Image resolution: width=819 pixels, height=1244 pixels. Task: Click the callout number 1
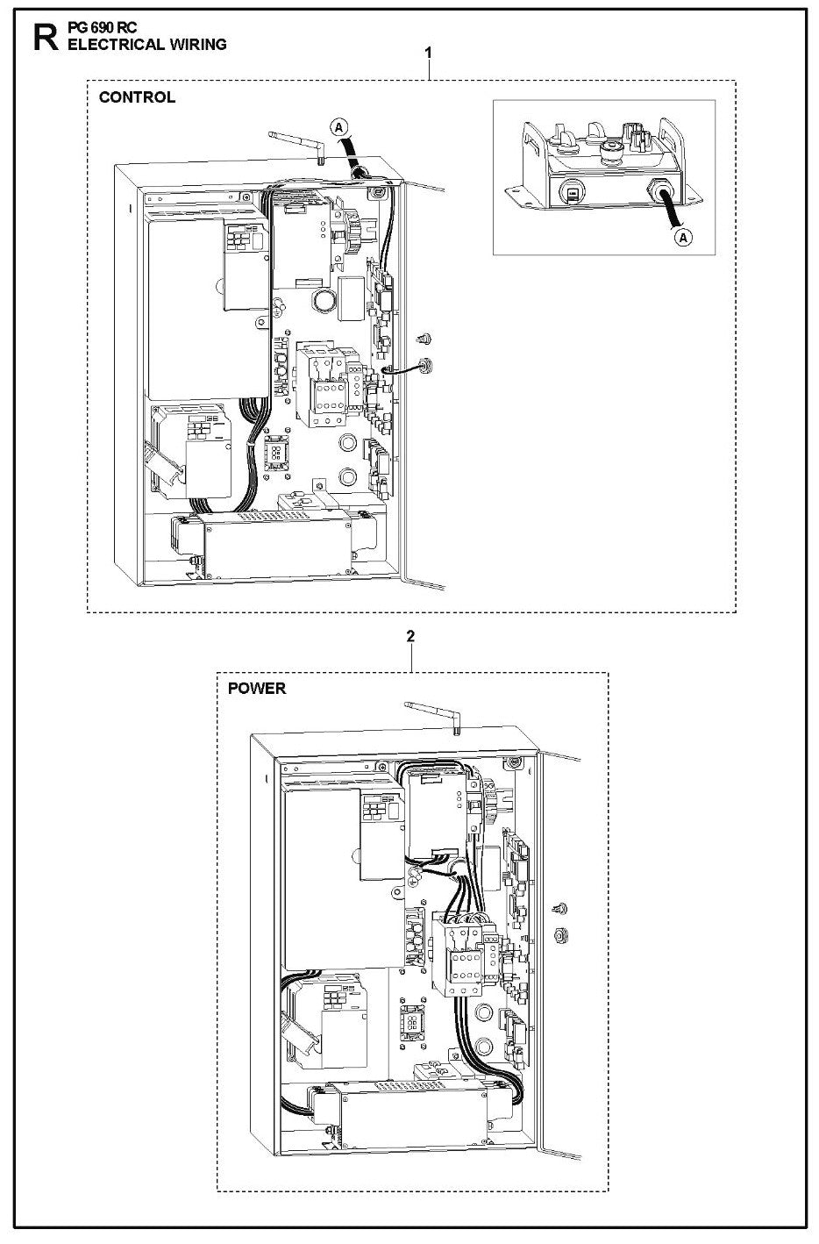point(428,54)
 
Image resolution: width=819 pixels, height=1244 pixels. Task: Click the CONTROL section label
point(137,97)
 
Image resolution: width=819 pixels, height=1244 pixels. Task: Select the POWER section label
point(257,688)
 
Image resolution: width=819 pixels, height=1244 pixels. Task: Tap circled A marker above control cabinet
point(338,127)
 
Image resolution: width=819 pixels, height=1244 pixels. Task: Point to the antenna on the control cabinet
point(299,144)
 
